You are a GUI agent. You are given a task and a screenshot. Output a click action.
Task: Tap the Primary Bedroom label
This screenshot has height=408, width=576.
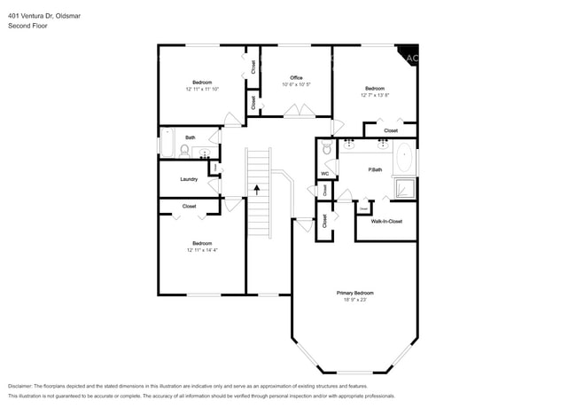click(x=354, y=293)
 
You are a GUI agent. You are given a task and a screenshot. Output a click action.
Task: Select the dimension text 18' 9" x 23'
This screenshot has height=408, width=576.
click(x=354, y=300)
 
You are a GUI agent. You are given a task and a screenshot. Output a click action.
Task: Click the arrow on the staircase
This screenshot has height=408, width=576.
click(x=257, y=188)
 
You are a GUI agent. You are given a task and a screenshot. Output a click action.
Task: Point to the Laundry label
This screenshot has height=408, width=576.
click(x=189, y=179)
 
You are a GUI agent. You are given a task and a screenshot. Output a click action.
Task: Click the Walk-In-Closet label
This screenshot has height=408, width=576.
click(x=386, y=221)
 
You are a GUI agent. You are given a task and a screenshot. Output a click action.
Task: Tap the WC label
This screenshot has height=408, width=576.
click(x=324, y=173)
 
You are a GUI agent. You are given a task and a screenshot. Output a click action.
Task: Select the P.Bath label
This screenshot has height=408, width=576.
click(x=375, y=169)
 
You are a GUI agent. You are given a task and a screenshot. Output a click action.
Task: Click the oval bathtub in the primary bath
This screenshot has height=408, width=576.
click(x=404, y=157)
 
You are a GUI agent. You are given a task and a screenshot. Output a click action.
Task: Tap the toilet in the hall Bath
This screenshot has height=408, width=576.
click(x=183, y=152)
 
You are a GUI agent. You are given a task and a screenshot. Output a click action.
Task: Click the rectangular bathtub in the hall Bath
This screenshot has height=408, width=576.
click(x=165, y=143)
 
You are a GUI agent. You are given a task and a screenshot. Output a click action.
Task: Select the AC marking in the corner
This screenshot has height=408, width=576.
click(x=410, y=58)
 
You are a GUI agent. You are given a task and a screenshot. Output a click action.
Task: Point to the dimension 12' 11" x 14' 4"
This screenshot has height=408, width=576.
click(x=202, y=250)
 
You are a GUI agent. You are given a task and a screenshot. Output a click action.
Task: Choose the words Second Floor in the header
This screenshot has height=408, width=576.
click(x=27, y=26)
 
